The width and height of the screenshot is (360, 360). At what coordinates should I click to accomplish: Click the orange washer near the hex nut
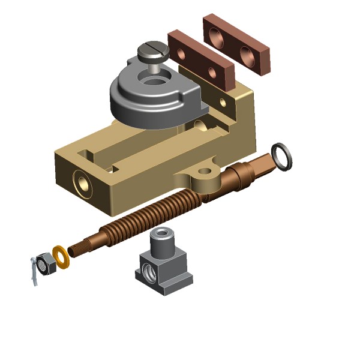click(x=61, y=256)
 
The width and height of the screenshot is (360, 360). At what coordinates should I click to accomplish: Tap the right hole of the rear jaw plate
click(x=248, y=55)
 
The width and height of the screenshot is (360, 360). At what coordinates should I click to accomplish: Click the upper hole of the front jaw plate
click(x=182, y=52)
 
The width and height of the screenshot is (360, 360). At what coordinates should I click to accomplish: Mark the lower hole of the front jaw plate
click(x=211, y=73)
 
